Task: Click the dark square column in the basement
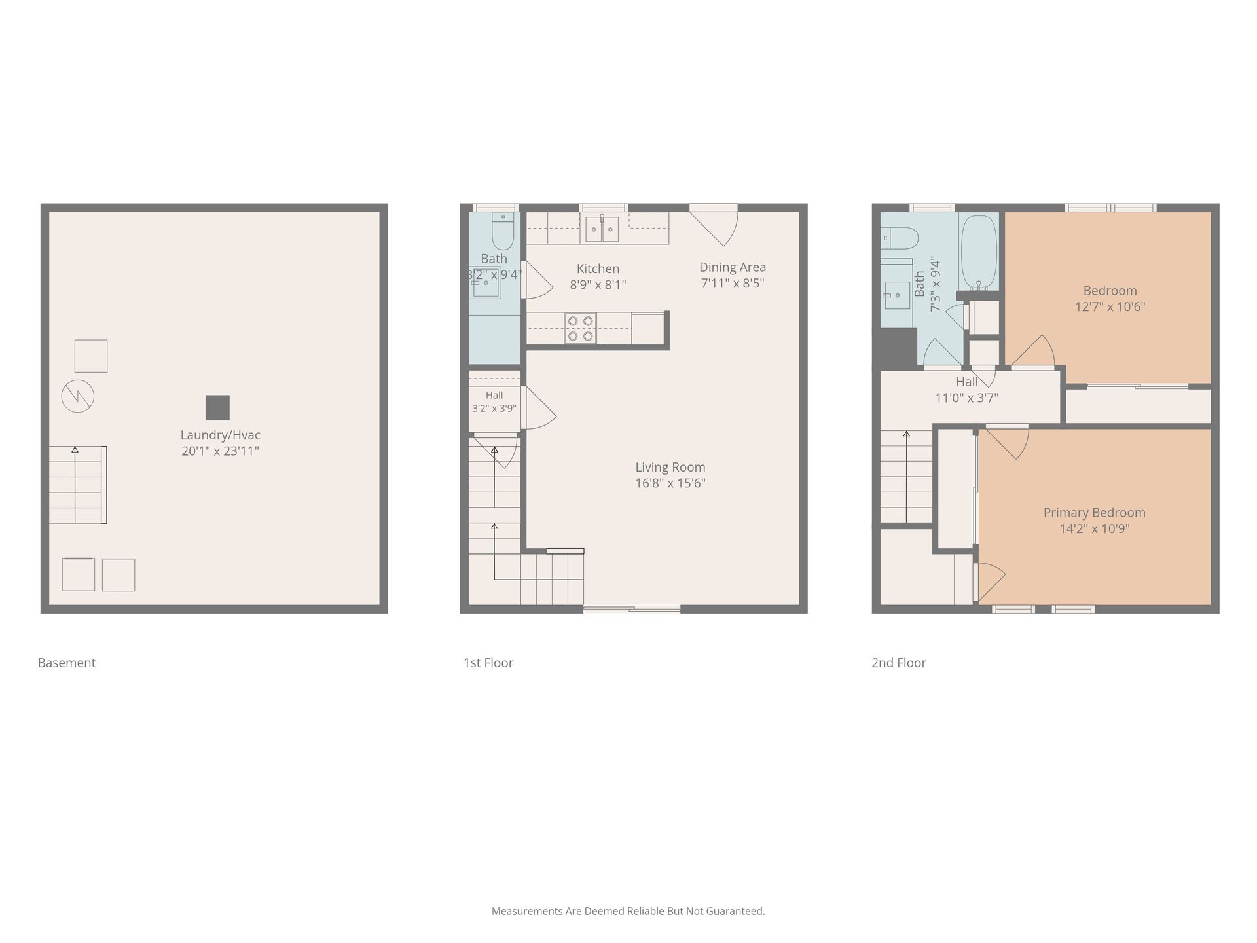pyautogui.click(x=217, y=407)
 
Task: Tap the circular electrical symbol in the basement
pyautogui.click(x=78, y=396)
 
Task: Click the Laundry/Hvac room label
pyautogui.click(x=221, y=443)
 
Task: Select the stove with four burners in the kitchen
pyautogui.click(x=580, y=328)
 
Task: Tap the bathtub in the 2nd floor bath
pyautogui.click(x=979, y=253)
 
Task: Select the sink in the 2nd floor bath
pyautogui.click(x=896, y=295)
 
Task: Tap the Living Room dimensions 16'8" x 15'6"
pyautogui.click(x=670, y=483)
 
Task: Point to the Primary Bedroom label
pyautogui.click(x=1095, y=513)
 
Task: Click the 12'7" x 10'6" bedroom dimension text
pyautogui.click(x=1110, y=306)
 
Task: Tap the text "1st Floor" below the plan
pyautogui.click(x=488, y=663)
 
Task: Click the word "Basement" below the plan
pyautogui.click(x=67, y=663)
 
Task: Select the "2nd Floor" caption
pyautogui.click(x=899, y=663)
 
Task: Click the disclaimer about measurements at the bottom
pyautogui.click(x=628, y=911)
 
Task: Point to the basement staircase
pyautogui.click(x=78, y=485)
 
